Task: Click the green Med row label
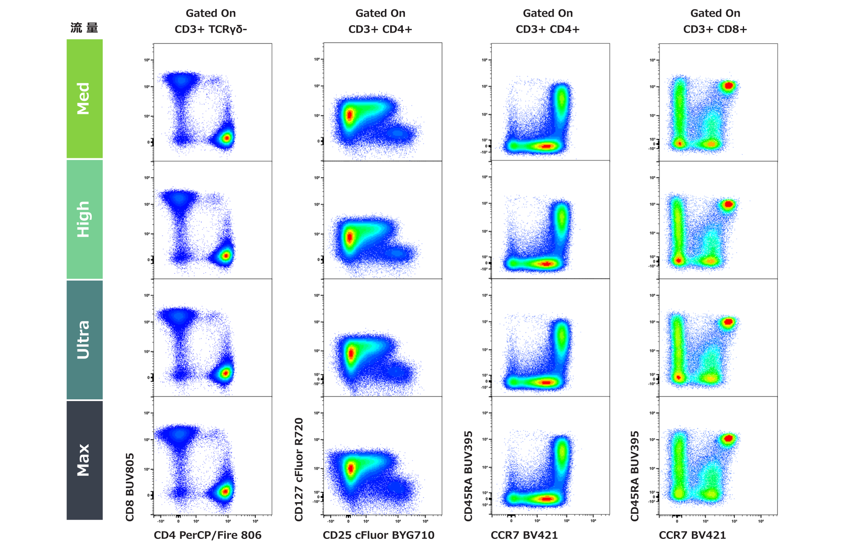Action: coord(84,98)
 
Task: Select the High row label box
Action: coord(84,219)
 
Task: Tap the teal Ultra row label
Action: coord(84,339)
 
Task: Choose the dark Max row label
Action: coord(84,460)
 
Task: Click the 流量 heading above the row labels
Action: coord(84,28)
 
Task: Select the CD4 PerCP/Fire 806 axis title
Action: coord(208,535)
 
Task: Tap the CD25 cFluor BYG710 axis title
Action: coord(378,535)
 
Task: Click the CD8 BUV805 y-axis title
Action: coord(130,487)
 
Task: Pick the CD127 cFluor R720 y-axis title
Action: coord(299,469)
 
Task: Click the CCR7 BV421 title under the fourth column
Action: coord(692,535)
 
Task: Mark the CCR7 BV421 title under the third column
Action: coord(524,535)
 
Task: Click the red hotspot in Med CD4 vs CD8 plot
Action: coord(227,138)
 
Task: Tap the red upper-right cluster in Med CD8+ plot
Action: coord(729,86)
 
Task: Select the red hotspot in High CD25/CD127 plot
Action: coord(349,237)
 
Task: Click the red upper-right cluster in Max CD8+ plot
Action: coord(729,439)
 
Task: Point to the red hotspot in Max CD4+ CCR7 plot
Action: coord(546,498)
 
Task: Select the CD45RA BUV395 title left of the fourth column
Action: coord(635,476)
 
